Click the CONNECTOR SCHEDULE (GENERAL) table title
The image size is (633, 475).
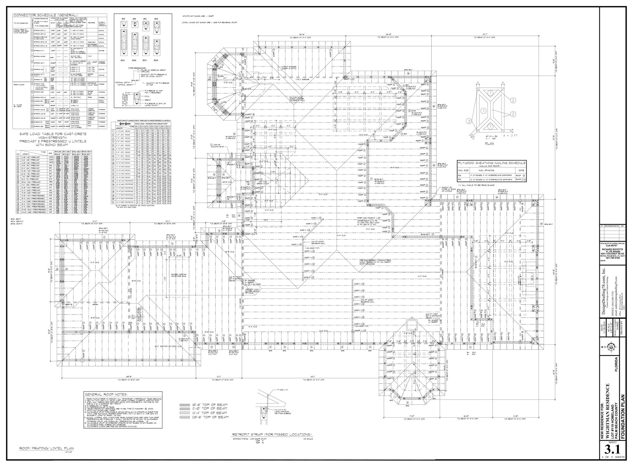click(x=45, y=15)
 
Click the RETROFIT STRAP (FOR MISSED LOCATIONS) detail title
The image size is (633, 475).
click(x=272, y=434)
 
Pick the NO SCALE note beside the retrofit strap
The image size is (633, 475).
click(x=308, y=439)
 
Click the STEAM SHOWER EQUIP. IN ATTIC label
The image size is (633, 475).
click(x=289, y=67)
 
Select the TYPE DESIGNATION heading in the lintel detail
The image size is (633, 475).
click(x=137, y=68)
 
